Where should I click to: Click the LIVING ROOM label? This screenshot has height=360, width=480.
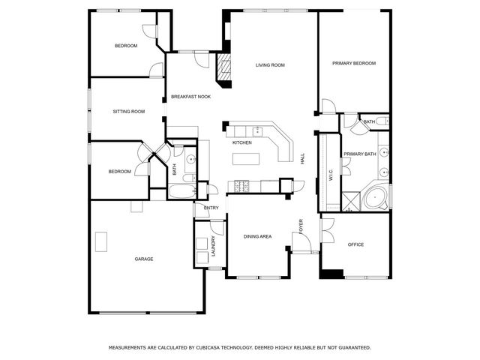pos(270,65)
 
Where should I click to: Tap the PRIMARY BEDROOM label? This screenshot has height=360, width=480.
pos(354,63)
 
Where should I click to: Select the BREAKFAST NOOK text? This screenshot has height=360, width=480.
pos(190,97)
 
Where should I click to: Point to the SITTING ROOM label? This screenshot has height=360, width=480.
pos(128,112)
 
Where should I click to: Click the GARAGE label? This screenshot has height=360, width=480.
pos(144,259)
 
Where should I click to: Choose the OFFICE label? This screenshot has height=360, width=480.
pos(355,244)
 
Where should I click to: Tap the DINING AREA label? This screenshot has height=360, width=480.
pos(257,236)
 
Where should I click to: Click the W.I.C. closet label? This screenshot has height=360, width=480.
pos(331,175)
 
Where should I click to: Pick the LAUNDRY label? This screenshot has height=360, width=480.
pos(213,246)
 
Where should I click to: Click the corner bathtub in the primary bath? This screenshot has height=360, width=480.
pos(376,197)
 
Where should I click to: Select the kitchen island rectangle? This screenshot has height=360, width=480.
pos(246,159)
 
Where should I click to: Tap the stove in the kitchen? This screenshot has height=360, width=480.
pos(241,186)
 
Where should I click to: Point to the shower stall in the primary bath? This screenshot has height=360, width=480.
pos(351,201)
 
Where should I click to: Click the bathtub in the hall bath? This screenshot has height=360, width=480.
pos(182,192)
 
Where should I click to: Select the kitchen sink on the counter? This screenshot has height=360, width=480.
pos(258,131)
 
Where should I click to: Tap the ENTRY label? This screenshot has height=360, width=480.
pos(211,208)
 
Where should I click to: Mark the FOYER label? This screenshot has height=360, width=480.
pos(301,226)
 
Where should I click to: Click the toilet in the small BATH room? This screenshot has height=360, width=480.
pos(382,121)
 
